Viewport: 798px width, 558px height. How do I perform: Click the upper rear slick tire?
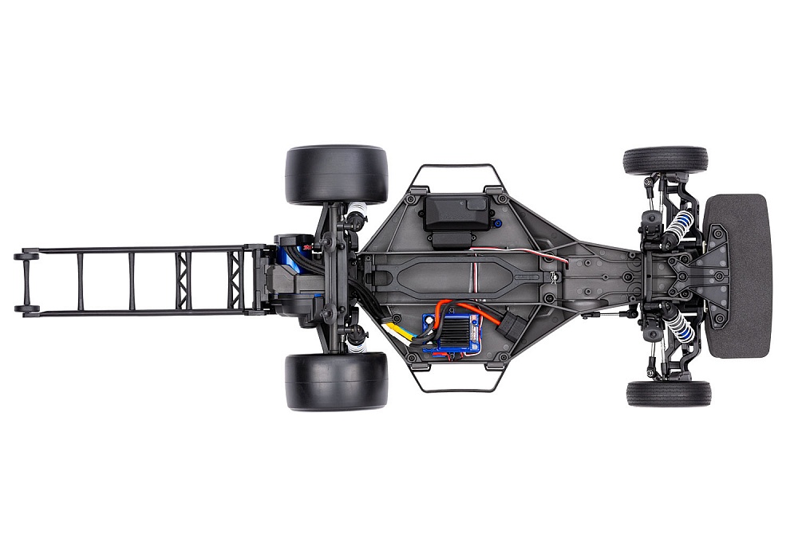point(336,175)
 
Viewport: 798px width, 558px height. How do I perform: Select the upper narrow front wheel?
point(666,160)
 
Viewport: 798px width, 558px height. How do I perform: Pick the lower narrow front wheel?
point(669,393)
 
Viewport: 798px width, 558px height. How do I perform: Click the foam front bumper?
point(738,275)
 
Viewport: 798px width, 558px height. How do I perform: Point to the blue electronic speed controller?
point(451,328)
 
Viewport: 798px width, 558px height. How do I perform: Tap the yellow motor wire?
point(397,327)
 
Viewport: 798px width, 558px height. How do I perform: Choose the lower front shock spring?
point(677,322)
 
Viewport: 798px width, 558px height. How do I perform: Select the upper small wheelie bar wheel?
point(26,256)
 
